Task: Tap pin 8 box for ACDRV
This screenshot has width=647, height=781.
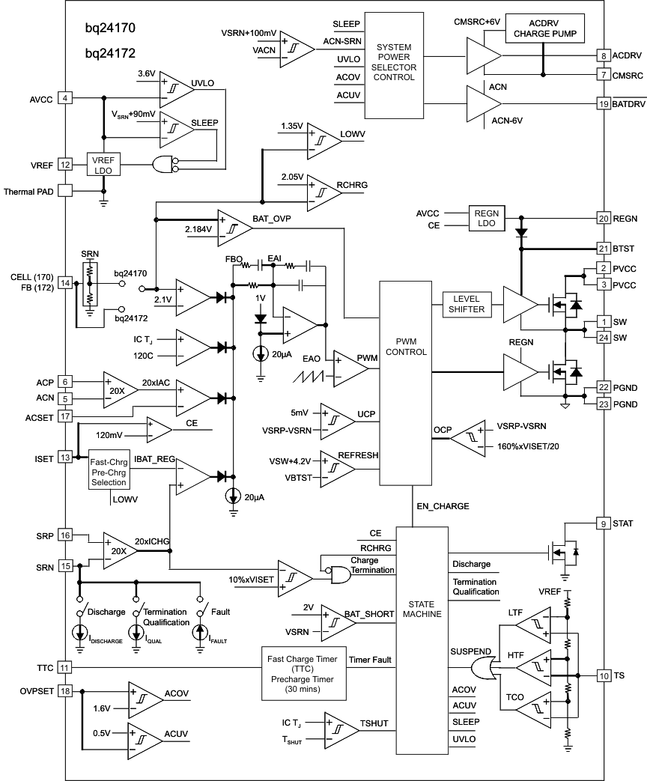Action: click(x=603, y=56)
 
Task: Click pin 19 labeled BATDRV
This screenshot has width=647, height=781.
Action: click(x=603, y=104)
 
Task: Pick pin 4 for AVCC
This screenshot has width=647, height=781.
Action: click(x=65, y=98)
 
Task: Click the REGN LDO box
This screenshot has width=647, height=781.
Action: click(x=487, y=219)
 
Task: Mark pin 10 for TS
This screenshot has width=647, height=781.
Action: click(x=603, y=675)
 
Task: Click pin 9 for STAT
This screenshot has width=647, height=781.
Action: click(x=603, y=523)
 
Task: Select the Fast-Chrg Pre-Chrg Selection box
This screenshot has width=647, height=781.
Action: click(x=110, y=469)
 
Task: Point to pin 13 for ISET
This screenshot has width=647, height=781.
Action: click(x=65, y=458)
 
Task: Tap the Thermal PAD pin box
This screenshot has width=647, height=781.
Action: click(x=65, y=191)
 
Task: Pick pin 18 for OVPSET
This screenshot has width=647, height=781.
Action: click(x=65, y=691)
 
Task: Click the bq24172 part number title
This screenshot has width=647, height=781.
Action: click(x=110, y=55)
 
